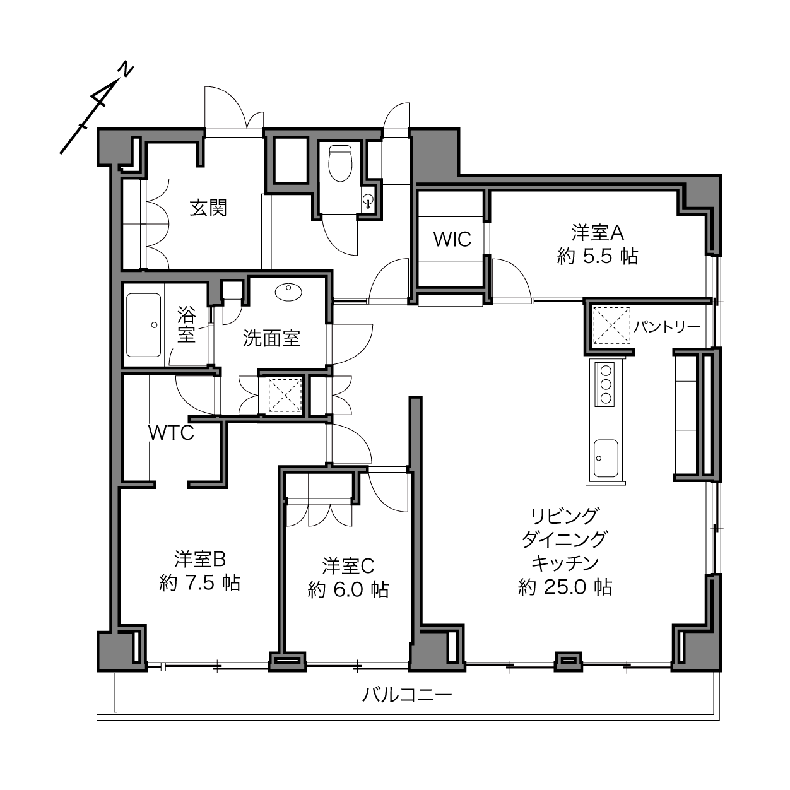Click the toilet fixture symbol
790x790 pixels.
click(340, 163)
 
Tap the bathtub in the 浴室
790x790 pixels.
click(143, 325)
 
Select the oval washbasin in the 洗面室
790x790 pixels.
click(288, 292)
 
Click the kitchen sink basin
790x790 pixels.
click(606, 458)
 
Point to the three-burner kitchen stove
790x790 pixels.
click(604, 385)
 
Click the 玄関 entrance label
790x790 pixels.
click(208, 208)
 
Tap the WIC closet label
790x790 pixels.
click(452, 239)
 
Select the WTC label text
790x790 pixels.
click(171, 432)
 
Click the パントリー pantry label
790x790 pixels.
click(667, 327)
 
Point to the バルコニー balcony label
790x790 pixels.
click(407, 695)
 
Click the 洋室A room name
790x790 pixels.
click(598, 233)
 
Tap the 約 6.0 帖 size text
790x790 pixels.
click(348, 590)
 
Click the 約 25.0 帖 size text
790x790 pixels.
click(565, 587)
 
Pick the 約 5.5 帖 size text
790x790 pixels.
click(598, 257)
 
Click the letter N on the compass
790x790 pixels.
click(126, 71)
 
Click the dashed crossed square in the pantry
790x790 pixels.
click(611, 326)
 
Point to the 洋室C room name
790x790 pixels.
click(348, 566)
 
